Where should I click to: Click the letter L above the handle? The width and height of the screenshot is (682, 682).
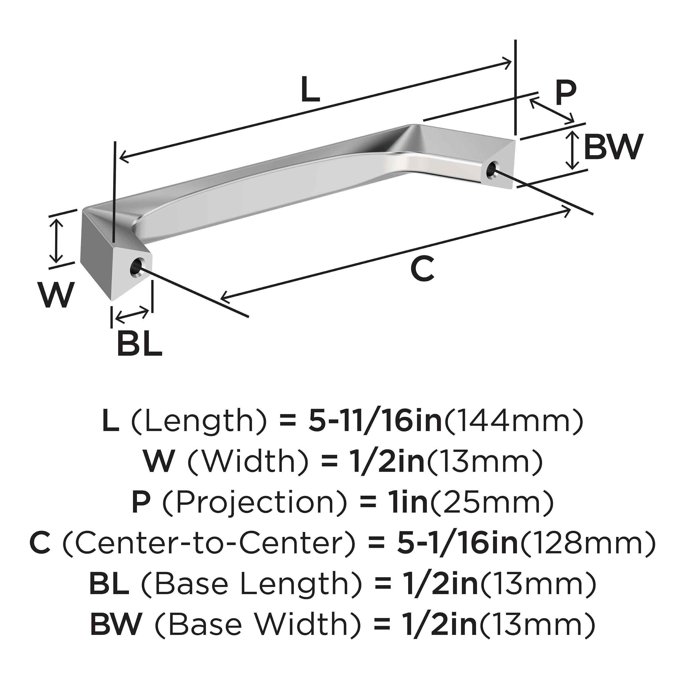(x=311, y=90)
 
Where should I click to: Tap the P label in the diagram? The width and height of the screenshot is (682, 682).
(x=565, y=93)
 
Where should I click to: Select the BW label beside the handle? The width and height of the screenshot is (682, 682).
(x=612, y=147)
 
